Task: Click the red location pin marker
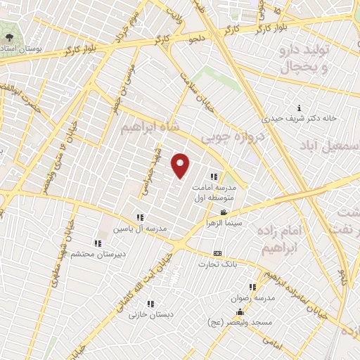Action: tap(181, 165)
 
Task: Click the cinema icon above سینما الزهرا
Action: tap(224, 212)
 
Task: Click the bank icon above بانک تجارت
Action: tap(217, 254)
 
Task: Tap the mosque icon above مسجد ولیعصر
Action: tap(240, 313)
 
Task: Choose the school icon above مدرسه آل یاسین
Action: tap(140, 217)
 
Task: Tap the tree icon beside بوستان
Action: tap(8, 37)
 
